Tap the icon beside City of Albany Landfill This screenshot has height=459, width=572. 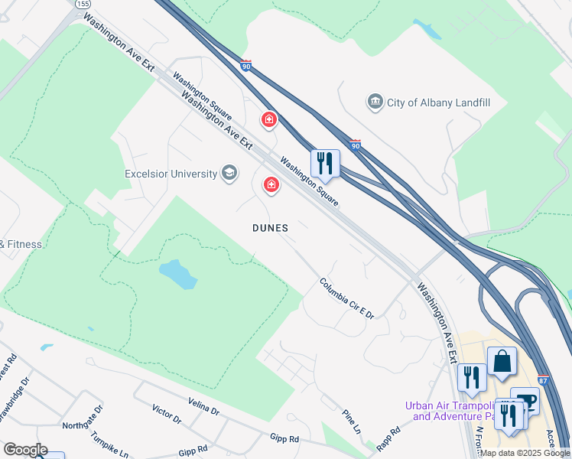pos(375,103)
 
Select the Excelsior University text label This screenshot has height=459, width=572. pos(171,174)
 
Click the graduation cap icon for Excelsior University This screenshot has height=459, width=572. pos(229,174)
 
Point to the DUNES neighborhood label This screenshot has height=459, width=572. pos(271,228)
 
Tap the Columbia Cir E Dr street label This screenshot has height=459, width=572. pos(346,298)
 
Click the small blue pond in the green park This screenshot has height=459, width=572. pos(177,273)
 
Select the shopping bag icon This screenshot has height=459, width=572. pos(502,362)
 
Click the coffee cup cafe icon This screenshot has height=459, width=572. pos(525,401)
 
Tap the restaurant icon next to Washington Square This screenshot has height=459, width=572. pos(325,162)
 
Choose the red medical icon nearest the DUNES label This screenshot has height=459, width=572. pos(271,184)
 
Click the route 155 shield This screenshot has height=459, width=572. pos(83,4)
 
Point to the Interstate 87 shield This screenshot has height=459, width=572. pos(542,380)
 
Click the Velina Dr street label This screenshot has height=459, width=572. pos(203,406)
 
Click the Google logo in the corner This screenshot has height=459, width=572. pos(25,450)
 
